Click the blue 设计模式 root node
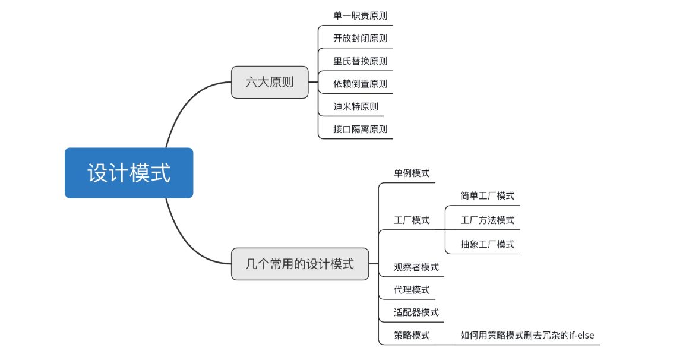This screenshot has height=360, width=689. (129, 173)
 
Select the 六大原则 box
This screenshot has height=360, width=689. (270, 82)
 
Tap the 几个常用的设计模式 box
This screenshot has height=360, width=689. (300, 264)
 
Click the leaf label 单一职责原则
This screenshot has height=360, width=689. (361, 16)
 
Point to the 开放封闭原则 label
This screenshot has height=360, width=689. (361, 38)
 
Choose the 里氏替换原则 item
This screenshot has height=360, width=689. (361, 61)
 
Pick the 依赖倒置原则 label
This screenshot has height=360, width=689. (361, 84)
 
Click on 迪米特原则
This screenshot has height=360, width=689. (356, 106)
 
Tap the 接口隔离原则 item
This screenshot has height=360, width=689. (361, 130)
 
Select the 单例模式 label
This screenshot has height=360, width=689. (412, 173)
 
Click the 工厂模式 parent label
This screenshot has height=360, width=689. (412, 220)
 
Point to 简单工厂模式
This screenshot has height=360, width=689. (487, 195)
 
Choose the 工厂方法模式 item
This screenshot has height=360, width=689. (487, 220)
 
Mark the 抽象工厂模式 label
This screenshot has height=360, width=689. (487, 244)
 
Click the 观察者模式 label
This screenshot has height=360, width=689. (416, 267)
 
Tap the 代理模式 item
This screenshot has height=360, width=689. (412, 290)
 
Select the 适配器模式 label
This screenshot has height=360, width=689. (416, 312)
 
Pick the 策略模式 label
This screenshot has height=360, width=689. (412, 336)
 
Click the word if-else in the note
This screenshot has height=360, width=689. (581, 336)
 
